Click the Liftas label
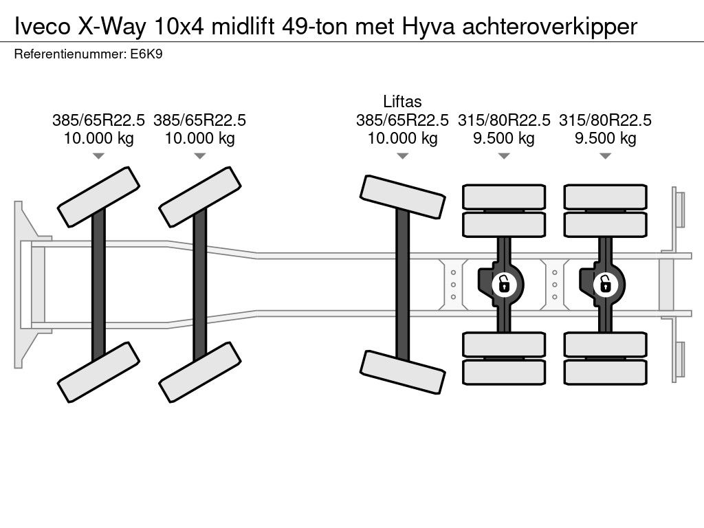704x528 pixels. pyautogui.click(x=402, y=102)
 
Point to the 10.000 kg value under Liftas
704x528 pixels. pyautogui.click(x=402, y=138)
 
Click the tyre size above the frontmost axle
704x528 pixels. pyautogui.click(x=98, y=120)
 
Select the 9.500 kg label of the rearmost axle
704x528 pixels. pyautogui.click(x=605, y=138)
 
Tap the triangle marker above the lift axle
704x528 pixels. pyautogui.click(x=402, y=156)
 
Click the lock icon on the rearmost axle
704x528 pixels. pyautogui.click(x=605, y=283)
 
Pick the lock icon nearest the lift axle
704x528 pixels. pyautogui.click(x=504, y=283)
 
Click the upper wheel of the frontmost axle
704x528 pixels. pyautogui.click(x=98, y=197)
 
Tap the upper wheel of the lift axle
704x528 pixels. pyautogui.click(x=402, y=196)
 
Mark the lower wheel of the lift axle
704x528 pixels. pyautogui.click(x=402, y=372)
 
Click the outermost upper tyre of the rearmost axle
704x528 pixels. pyautogui.click(x=605, y=197)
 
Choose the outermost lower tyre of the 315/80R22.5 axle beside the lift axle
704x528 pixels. pyautogui.click(x=504, y=372)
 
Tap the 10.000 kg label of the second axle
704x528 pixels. pyautogui.click(x=199, y=138)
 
